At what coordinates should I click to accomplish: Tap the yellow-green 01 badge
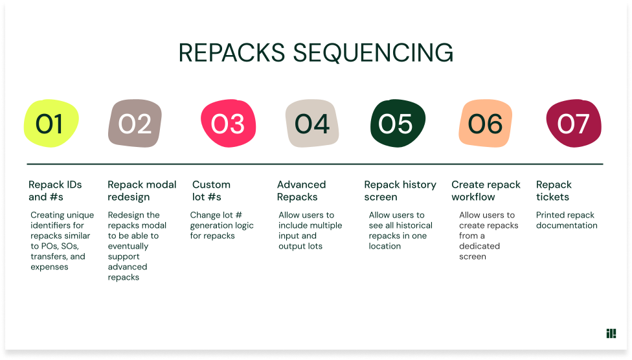tap(50, 124)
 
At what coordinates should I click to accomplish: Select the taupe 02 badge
tap(135, 124)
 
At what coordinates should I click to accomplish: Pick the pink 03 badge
tap(228, 124)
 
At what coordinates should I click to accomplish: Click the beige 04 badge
tap(312, 124)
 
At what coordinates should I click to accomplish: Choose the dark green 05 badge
tap(396, 124)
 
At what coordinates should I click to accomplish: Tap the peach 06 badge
tap(485, 124)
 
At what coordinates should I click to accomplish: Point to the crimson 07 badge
tap(573, 124)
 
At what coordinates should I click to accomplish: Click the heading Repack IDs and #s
tap(55, 190)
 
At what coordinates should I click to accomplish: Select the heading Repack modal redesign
tap(142, 190)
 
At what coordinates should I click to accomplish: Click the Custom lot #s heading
tap(211, 190)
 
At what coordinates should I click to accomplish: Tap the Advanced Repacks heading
tap(301, 190)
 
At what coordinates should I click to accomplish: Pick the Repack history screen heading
tap(400, 190)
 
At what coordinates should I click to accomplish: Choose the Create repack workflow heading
tap(486, 190)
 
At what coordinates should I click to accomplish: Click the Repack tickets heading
tap(554, 190)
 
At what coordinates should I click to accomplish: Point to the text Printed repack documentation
tap(567, 220)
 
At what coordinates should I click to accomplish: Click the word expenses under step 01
tap(49, 267)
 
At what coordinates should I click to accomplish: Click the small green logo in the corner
tap(611, 333)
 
